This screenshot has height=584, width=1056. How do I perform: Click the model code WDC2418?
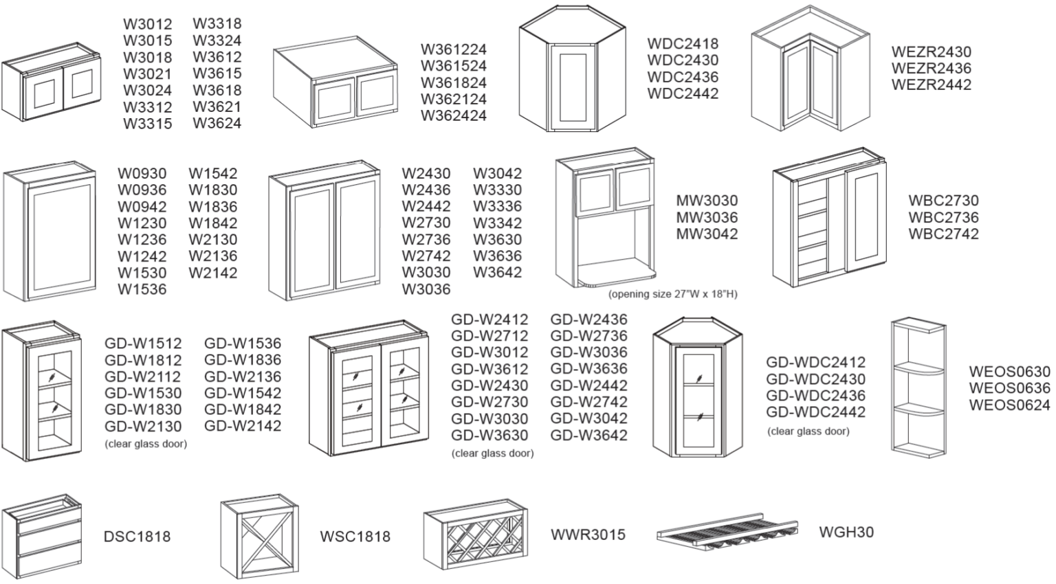click(682, 43)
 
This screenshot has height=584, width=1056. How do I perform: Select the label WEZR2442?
click(931, 85)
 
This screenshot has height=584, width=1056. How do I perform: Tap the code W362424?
click(453, 115)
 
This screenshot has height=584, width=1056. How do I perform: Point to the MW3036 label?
click(706, 217)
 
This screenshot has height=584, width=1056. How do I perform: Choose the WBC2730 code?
click(943, 201)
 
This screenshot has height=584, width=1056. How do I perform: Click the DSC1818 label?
click(137, 536)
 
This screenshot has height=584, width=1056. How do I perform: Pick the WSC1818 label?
click(355, 536)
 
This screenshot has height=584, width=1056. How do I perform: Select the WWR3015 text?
click(588, 535)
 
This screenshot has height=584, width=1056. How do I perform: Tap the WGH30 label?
click(846, 532)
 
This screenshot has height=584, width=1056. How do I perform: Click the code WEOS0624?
click(1009, 405)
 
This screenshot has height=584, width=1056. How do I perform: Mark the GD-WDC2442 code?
click(815, 412)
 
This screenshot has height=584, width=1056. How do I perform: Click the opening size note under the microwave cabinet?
click(672, 294)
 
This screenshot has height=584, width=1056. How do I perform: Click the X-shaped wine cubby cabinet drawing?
click(259, 537)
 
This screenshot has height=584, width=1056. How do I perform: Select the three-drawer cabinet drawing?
click(42, 536)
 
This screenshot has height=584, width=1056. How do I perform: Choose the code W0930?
click(142, 174)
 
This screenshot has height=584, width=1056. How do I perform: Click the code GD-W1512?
click(143, 344)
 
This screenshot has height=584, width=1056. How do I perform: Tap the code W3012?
click(147, 25)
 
